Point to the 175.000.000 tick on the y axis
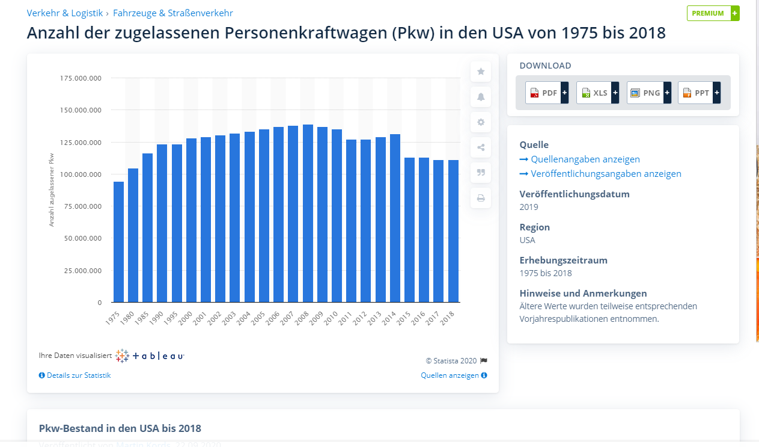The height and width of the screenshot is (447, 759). click(x=81, y=78)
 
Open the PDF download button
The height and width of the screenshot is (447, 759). click(x=546, y=93)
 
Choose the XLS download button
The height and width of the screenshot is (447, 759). click(x=597, y=93)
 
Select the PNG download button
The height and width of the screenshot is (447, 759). click(x=648, y=93)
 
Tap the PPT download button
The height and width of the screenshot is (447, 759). click(x=699, y=93)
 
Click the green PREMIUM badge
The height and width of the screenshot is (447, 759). click(x=713, y=13)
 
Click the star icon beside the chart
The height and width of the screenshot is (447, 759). click(x=481, y=72)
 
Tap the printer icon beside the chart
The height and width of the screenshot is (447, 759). click(x=481, y=198)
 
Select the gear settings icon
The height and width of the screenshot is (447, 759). click(x=481, y=122)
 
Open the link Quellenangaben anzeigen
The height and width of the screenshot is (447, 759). click(x=585, y=159)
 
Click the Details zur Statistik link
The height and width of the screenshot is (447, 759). click(x=78, y=375)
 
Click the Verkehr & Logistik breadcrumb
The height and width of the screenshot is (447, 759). click(x=65, y=13)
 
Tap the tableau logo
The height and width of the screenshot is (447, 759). click(x=150, y=356)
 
